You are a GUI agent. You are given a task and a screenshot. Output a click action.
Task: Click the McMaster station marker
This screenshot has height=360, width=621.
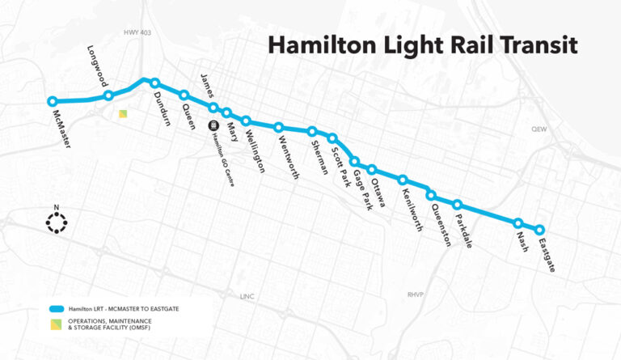tap(53, 102)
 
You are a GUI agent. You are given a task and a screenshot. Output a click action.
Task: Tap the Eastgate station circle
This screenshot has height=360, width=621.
tap(540, 230)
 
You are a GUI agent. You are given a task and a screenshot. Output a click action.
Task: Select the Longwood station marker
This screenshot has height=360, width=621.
tap(108, 96)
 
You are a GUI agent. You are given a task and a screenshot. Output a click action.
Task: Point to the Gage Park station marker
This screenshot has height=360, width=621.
tap(354, 162)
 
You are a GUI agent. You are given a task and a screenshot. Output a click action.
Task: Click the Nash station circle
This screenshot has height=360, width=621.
tap(518, 223)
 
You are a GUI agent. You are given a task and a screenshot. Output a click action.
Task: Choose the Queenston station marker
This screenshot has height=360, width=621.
tap(431, 196)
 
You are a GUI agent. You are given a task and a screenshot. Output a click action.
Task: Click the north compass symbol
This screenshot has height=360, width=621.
tap(57, 222)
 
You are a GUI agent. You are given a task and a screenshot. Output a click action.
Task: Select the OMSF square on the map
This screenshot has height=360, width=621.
tap(123, 116)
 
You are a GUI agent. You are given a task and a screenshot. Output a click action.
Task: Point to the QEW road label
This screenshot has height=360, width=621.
tap(539, 129)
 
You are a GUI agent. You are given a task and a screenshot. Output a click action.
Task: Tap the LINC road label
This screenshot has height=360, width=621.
tap(247, 297)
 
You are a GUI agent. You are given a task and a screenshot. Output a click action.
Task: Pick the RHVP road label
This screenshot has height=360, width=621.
tap(416, 296)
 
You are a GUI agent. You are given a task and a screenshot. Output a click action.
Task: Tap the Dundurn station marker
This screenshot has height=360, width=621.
tap(154, 83)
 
